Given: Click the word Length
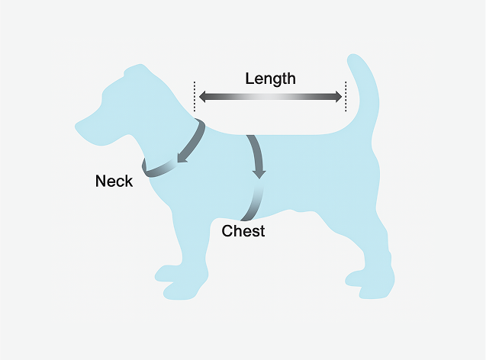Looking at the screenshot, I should pos(270,78).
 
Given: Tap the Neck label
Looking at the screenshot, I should pos(114,181).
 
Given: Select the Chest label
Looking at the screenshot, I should pos(243,231).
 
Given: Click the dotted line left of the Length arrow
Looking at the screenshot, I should pos(195,97).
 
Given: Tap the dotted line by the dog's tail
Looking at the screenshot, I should pos(346,97).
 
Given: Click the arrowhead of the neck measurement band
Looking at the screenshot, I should pos(182,159).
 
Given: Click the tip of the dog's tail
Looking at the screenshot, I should pos(356,59).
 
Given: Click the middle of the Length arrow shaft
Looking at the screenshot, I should pos(270,97).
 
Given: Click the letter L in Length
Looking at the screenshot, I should pos(249,78).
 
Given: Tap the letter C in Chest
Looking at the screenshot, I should pos(227,231).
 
